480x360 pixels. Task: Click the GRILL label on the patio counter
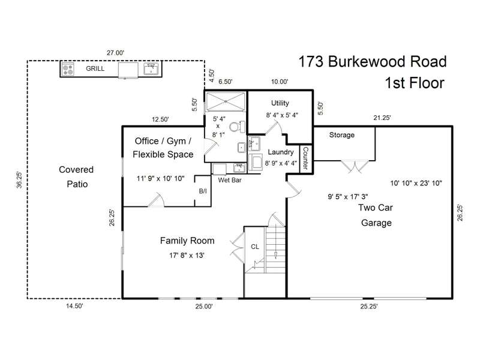coord(95,68)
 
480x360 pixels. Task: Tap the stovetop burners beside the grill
coord(68,69)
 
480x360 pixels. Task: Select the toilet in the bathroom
coord(237,127)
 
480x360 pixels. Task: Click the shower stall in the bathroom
coord(226,102)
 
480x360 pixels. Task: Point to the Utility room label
coord(280,103)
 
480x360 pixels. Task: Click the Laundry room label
coord(280,152)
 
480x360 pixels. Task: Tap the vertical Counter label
coord(305,158)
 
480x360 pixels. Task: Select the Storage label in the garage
coord(341,135)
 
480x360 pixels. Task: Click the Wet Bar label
coord(230,181)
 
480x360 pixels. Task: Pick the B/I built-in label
coord(203,191)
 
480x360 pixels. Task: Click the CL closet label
coord(254,247)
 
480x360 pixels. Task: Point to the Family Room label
coord(187,241)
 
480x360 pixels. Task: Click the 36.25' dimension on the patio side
coord(19,179)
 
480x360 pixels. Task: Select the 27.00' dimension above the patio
coord(115,53)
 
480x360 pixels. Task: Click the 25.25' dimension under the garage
coord(369,307)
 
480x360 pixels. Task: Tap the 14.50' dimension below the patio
coord(74,306)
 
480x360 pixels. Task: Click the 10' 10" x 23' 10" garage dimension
coord(416,184)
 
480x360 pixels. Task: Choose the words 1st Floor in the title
coord(415,83)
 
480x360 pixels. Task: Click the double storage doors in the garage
coord(355,167)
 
